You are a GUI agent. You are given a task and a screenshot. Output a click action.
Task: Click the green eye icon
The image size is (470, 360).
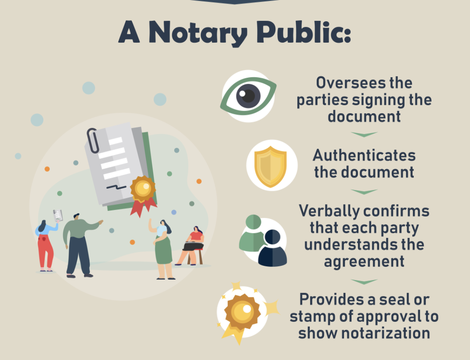248,96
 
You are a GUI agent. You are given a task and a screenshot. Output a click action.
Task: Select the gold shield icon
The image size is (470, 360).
270,166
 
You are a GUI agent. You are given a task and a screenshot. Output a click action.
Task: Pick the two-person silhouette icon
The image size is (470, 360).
263,241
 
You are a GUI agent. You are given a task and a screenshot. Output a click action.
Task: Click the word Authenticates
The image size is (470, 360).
364,155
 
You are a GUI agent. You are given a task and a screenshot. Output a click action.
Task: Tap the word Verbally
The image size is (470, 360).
330,211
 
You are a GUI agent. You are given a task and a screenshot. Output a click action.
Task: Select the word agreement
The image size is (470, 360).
364,262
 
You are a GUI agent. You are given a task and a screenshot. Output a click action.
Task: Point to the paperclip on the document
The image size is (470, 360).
93,141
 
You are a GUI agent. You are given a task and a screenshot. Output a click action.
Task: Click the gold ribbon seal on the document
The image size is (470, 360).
143,195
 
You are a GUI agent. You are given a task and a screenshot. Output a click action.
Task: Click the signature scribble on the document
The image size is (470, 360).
116,187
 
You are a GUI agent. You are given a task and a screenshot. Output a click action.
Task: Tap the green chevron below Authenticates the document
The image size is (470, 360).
364,191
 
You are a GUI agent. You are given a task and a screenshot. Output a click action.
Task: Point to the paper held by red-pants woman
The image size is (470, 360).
58,216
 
